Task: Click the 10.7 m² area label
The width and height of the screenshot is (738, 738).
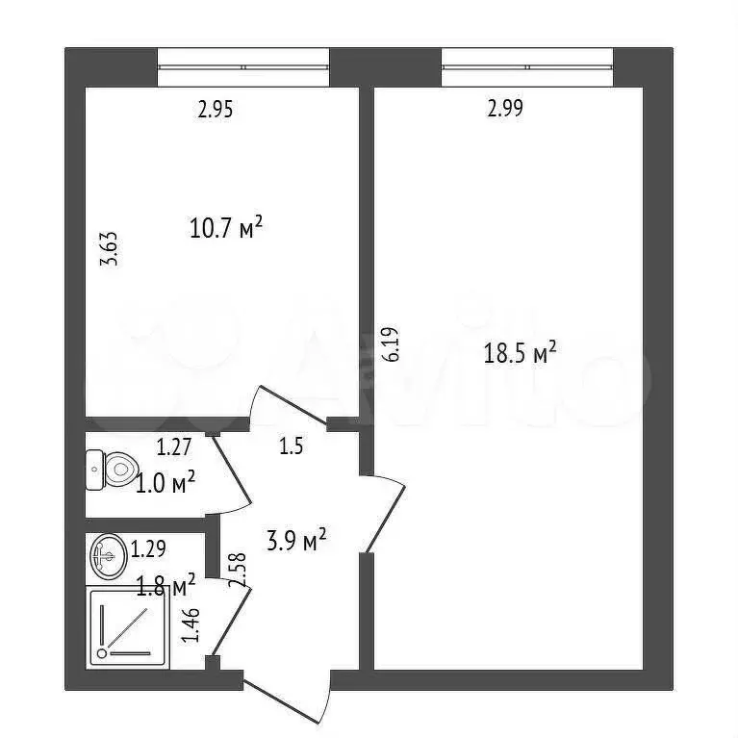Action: pyautogui.click(x=227, y=229)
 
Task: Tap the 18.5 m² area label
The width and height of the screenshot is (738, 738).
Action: pyautogui.click(x=521, y=353)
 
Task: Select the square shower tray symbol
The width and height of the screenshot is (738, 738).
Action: pyautogui.click(x=128, y=625)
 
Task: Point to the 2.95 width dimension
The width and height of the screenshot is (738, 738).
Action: pyautogui.click(x=216, y=110)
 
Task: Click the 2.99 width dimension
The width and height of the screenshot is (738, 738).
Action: pyautogui.click(x=505, y=110)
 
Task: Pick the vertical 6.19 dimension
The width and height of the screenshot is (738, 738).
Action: pyautogui.click(x=390, y=344)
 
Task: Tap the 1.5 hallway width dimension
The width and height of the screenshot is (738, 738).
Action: pyautogui.click(x=292, y=446)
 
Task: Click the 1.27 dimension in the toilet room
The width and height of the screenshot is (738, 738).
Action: pyautogui.click(x=175, y=446)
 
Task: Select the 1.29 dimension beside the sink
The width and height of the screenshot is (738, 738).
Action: pyautogui.click(x=148, y=550)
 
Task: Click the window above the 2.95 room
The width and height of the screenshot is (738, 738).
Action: pyautogui.click(x=242, y=66)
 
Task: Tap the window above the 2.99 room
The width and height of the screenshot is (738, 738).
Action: pyautogui.click(x=526, y=66)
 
